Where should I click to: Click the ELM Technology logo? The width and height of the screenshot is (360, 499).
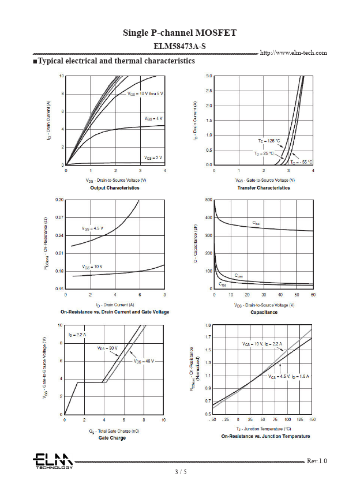pos(52,461)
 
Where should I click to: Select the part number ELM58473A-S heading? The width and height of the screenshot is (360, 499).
pos(179,45)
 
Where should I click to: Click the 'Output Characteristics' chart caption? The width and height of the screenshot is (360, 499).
pos(115,188)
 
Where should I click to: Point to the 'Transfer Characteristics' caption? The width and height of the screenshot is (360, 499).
pos(264,188)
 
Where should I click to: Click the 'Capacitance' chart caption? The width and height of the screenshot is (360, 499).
pos(264,312)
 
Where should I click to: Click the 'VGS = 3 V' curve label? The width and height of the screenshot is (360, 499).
pos(153,157)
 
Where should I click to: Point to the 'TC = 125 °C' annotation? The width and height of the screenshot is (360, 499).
pos(269,141)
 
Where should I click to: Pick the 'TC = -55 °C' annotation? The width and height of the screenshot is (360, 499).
pos(301,162)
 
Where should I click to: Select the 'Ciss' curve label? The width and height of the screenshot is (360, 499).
pos(256,223)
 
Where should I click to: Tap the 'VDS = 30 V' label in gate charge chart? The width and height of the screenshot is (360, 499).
pos(107,348)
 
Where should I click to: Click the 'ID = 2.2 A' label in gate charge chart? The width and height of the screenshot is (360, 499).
pos(77,335)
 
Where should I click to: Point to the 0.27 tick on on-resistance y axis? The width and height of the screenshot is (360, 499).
pos(59,217)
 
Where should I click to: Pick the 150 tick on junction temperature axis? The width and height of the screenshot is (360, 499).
pos(313,419)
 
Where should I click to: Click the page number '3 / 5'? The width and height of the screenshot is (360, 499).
pos(181,472)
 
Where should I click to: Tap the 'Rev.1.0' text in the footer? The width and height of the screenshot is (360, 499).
pos(317,461)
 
